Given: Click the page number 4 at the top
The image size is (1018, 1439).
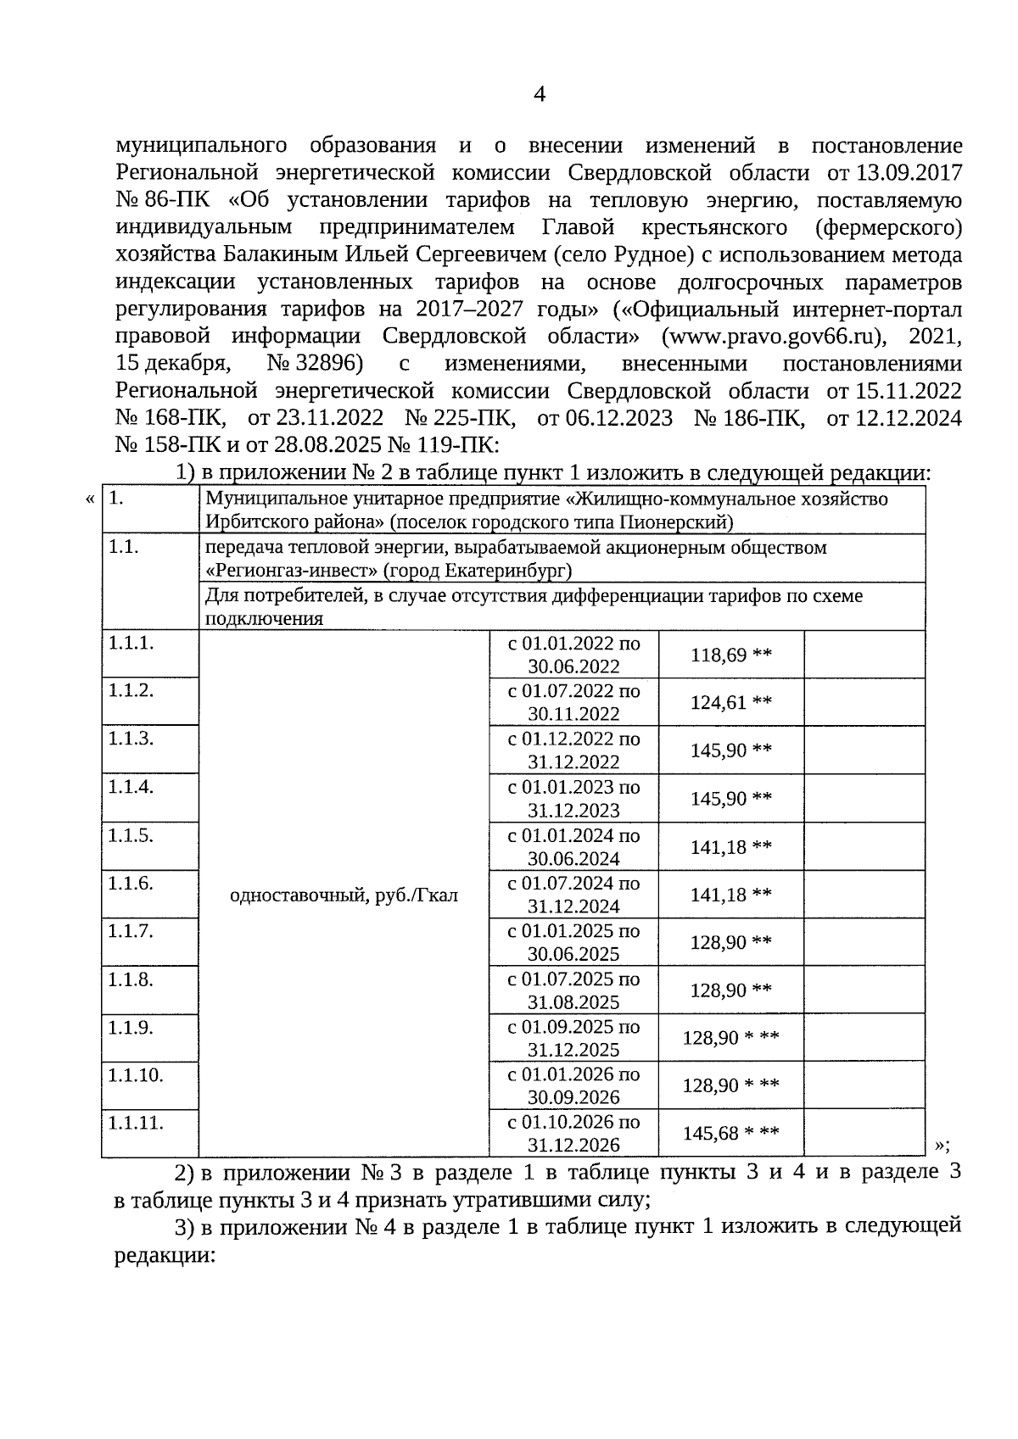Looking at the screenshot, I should [x=539, y=94].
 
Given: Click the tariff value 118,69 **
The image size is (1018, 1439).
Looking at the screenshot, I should [x=730, y=655].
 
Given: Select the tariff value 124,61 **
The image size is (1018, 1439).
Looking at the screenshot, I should [x=730, y=702].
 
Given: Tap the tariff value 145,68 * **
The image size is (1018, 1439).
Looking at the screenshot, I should [x=730, y=1133].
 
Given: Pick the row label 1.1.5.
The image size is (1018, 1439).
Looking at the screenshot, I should [x=131, y=835].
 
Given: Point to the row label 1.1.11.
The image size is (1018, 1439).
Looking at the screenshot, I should [x=136, y=1123].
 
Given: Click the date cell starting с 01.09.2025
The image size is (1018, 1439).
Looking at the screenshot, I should [x=574, y=1038].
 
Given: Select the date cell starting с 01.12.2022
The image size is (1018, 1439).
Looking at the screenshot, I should [x=574, y=750].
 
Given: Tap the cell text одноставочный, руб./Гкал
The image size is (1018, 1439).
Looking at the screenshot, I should [x=344, y=895].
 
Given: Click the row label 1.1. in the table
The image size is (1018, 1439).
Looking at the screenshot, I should [x=124, y=547].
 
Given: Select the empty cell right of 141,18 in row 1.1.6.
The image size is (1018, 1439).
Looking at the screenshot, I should [x=864, y=895].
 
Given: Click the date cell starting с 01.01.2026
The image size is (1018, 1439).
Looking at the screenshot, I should [x=574, y=1085].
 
